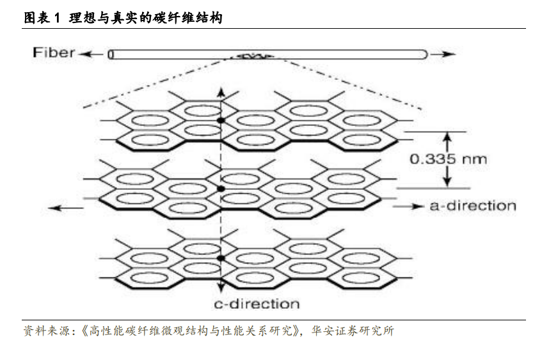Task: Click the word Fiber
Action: pyautogui.click(x=54, y=52)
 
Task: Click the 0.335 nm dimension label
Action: pyautogui.click(x=448, y=159)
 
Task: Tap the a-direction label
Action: pyautogui.click(x=473, y=206)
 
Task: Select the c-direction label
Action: pyautogui.click(x=257, y=304)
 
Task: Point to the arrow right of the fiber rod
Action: pyautogui.click(x=443, y=54)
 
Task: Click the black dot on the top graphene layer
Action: pyautogui.click(x=221, y=120)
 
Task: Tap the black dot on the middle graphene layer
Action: pyautogui.click(x=221, y=189)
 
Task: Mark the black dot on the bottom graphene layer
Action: pyautogui.click(x=221, y=258)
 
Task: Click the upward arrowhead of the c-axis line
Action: pyautogui.click(x=221, y=92)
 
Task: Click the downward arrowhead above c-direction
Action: pyautogui.click(x=221, y=288)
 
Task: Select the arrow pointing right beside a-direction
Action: pyautogui.click(x=408, y=207)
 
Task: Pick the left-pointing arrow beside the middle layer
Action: pyautogui.click(x=66, y=208)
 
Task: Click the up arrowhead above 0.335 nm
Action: pyautogui.click(x=448, y=137)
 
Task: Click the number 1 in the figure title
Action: pyautogui.click(x=58, y=18)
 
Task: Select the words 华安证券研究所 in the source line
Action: pyautogui.click(x=353, y=331)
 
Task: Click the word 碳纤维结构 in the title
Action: pyautogui.click(x=187, y=18)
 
